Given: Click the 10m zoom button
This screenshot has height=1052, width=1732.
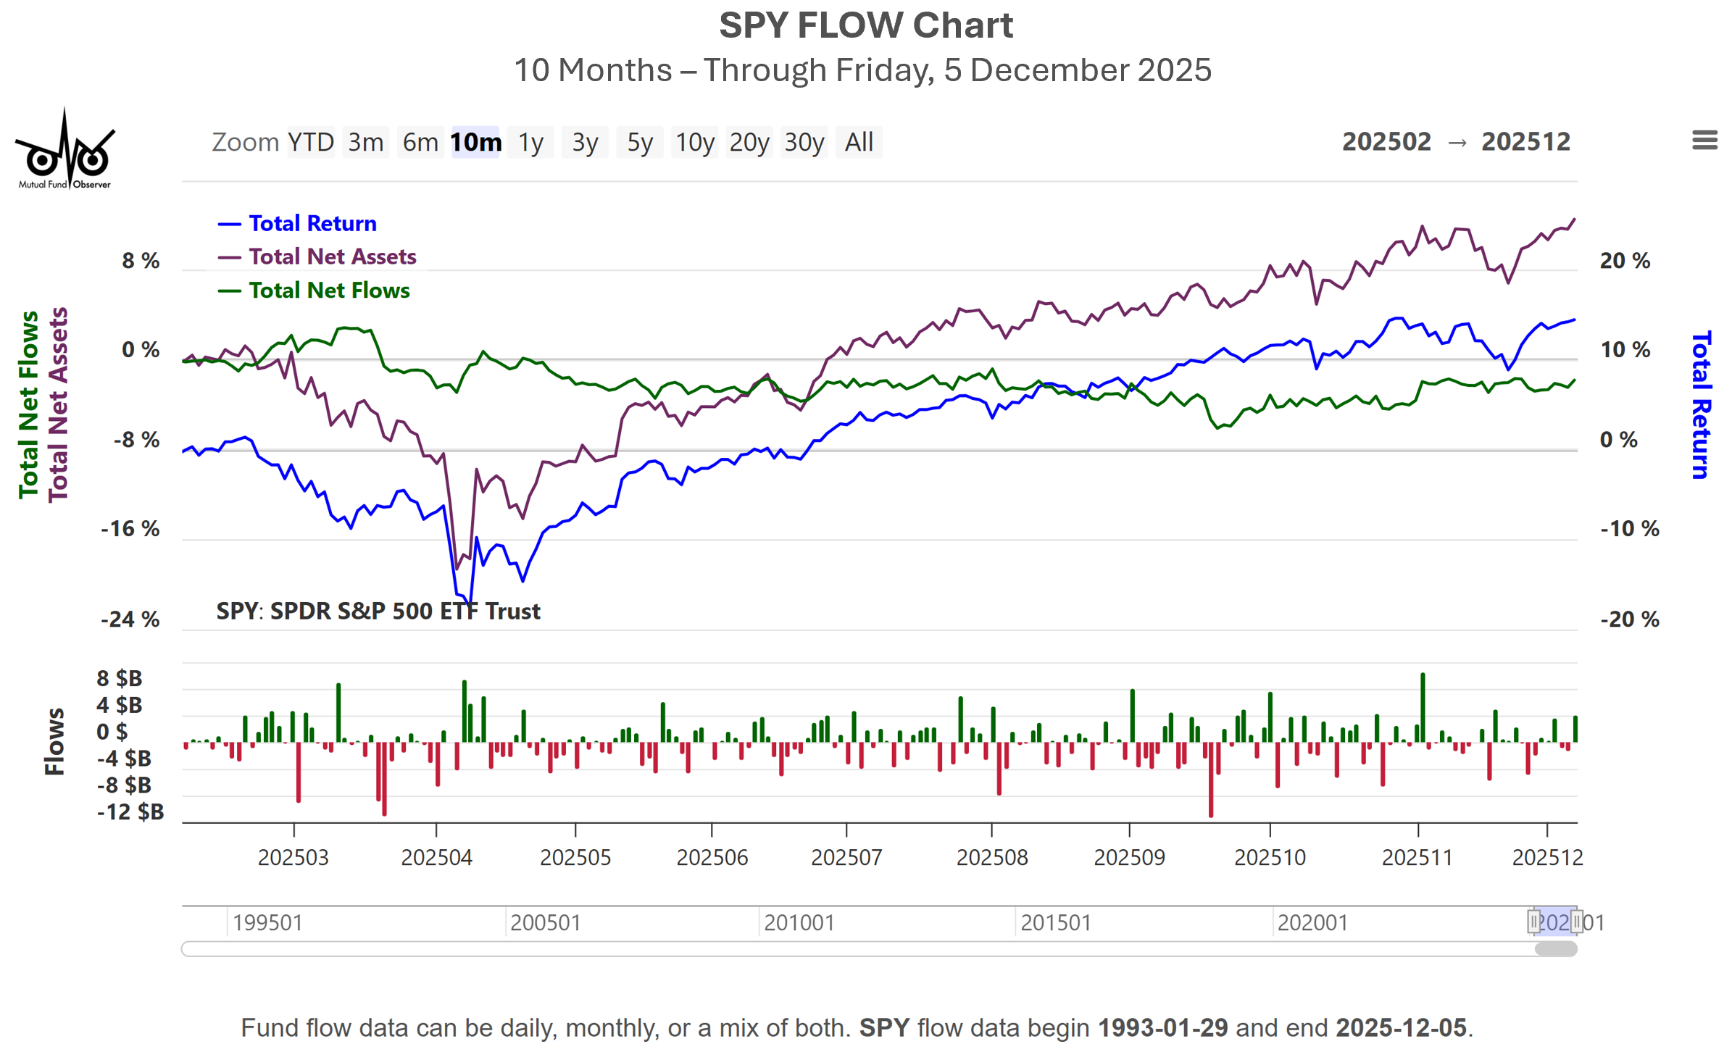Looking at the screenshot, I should tap(475, 142).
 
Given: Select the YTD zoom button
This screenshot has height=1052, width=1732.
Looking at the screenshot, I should tap(311, 142).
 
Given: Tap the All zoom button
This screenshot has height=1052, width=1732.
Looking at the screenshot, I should tap(859, 142).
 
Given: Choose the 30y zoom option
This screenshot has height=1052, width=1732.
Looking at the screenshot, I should tap(804, 142).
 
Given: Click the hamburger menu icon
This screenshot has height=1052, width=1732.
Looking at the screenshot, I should tap(1704, 140).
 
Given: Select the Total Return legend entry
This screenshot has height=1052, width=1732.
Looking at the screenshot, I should tap(312, 223).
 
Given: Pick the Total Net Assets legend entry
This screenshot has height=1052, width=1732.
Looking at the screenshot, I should tap(332, 256).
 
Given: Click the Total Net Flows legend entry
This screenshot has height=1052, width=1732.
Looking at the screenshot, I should tap(329, 291).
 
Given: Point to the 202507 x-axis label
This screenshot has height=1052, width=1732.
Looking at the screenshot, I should tap(846, 857).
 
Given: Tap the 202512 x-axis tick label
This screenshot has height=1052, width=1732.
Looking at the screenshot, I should tap(1547, 857).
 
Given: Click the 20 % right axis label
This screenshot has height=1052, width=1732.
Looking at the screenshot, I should tap(1625, 261).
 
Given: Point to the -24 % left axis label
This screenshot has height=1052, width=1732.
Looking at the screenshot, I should tap(130, 619).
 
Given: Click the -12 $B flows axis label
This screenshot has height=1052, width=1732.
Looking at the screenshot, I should tap(130, 811).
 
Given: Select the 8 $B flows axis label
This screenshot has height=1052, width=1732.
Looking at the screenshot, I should tap(120, 678).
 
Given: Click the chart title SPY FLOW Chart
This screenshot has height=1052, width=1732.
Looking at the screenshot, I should tap(865, 26).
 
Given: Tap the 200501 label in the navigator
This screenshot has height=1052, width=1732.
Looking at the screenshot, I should tap(545, 922).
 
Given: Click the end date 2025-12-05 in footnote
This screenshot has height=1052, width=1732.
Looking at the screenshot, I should tap(1401, 1027).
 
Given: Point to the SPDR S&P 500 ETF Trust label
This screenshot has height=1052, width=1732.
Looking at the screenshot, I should tap(404, 611).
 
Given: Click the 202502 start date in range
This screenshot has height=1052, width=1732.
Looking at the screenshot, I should tap(1386, 142).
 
